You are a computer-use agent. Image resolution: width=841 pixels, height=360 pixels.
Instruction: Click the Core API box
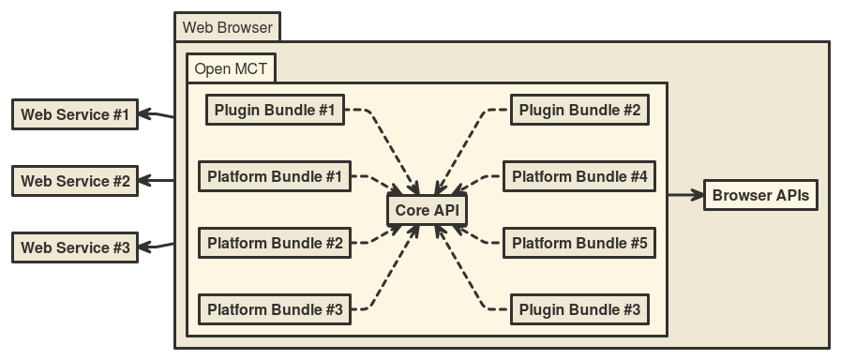[427, 210]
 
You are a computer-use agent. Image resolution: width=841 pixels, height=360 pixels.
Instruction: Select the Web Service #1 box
[75, 115]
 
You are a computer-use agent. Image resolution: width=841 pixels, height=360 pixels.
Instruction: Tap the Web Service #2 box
[75, 181]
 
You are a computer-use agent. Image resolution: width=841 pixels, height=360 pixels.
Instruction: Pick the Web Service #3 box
[75, 248]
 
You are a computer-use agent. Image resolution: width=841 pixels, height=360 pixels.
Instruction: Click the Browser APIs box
[760, 196]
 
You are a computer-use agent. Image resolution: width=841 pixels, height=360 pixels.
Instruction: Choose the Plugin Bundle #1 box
[275, 110]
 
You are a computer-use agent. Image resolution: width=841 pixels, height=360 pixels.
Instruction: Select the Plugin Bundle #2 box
[579, 110]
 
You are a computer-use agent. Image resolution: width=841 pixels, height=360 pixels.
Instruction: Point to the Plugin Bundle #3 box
[579, 309]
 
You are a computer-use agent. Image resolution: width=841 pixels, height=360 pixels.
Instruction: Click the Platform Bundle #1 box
[275, 176]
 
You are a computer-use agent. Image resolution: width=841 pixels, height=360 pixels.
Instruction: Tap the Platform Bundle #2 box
[275, 244]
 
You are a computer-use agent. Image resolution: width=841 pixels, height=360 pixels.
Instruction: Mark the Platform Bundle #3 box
[275, 309]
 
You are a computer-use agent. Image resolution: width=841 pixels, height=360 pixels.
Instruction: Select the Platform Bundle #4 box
[579, 176]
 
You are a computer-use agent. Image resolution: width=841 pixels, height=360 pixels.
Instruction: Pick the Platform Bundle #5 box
[579, 244]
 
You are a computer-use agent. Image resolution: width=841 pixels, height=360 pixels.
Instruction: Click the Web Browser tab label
[227, 27]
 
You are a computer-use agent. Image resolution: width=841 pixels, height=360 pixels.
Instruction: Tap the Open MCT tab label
[231, 69]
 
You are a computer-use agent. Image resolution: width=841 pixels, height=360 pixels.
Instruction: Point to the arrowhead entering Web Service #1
[147, 115]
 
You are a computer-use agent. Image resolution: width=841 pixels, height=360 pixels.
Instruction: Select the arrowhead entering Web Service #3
[147, 247]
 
